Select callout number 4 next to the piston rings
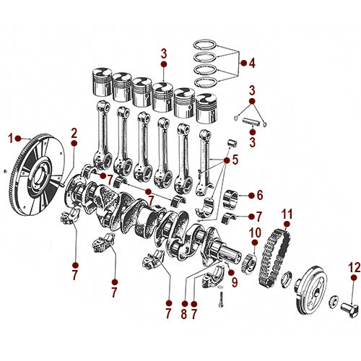tap(252, 64)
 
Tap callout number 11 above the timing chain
tap(287, 214)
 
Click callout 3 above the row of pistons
tap(164, 54)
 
